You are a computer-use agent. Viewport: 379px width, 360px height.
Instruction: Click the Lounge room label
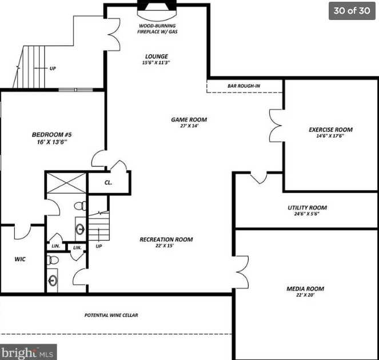click(x=157, y=57)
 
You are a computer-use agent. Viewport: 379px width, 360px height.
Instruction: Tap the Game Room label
click(x=189, y=119)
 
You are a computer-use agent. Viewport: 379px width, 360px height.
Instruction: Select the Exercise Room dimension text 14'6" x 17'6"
click(x=330, y=136)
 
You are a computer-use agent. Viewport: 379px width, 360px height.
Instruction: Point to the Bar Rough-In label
click(x=244, y=86)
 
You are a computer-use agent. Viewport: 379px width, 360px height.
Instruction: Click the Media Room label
click(x=305, y=289)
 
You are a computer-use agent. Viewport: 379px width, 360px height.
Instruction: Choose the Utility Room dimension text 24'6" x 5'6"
click(x=307, y=214)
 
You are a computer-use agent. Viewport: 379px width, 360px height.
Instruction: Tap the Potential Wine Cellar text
click(x=111, y=315)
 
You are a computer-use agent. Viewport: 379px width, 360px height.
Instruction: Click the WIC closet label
click(x=20, y=259)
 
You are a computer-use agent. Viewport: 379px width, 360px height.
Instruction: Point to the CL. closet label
click(x=108, y=183)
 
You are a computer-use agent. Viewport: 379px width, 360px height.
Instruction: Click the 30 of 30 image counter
click(x=352, y=11)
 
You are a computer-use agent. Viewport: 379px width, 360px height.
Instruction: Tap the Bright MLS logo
click(x=28, y=352)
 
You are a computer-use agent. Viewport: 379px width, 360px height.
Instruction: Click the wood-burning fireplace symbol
click(x=157, y=10)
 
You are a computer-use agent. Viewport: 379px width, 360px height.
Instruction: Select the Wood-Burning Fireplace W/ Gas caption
click(x=157, y=29)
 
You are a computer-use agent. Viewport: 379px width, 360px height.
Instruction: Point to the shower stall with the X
click(x=66, y=183)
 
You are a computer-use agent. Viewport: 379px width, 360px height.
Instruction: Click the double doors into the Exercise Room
click(x=276, y=126)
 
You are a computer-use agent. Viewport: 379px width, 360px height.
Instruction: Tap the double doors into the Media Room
click(x=242, y=272)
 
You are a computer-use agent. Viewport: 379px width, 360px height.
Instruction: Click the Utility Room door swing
click(x=259, y=178)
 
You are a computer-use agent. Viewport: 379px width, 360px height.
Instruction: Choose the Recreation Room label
click(x=166, y=239)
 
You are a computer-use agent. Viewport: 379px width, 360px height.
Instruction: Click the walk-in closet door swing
click(x=22, y=232)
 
